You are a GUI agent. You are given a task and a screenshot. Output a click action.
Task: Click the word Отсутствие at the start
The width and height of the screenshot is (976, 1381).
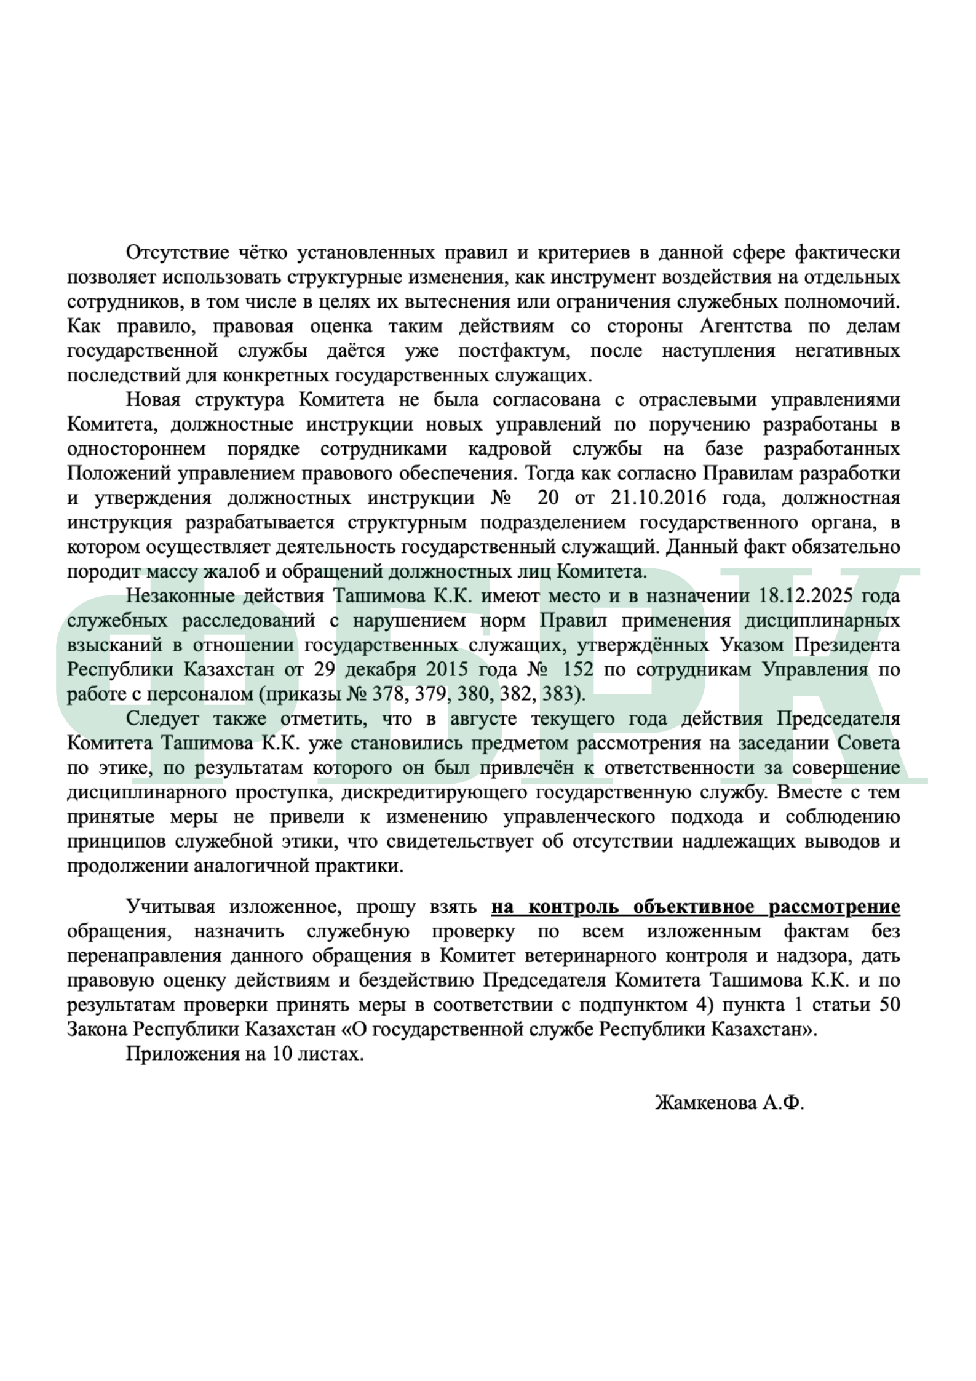pos(178,253)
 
